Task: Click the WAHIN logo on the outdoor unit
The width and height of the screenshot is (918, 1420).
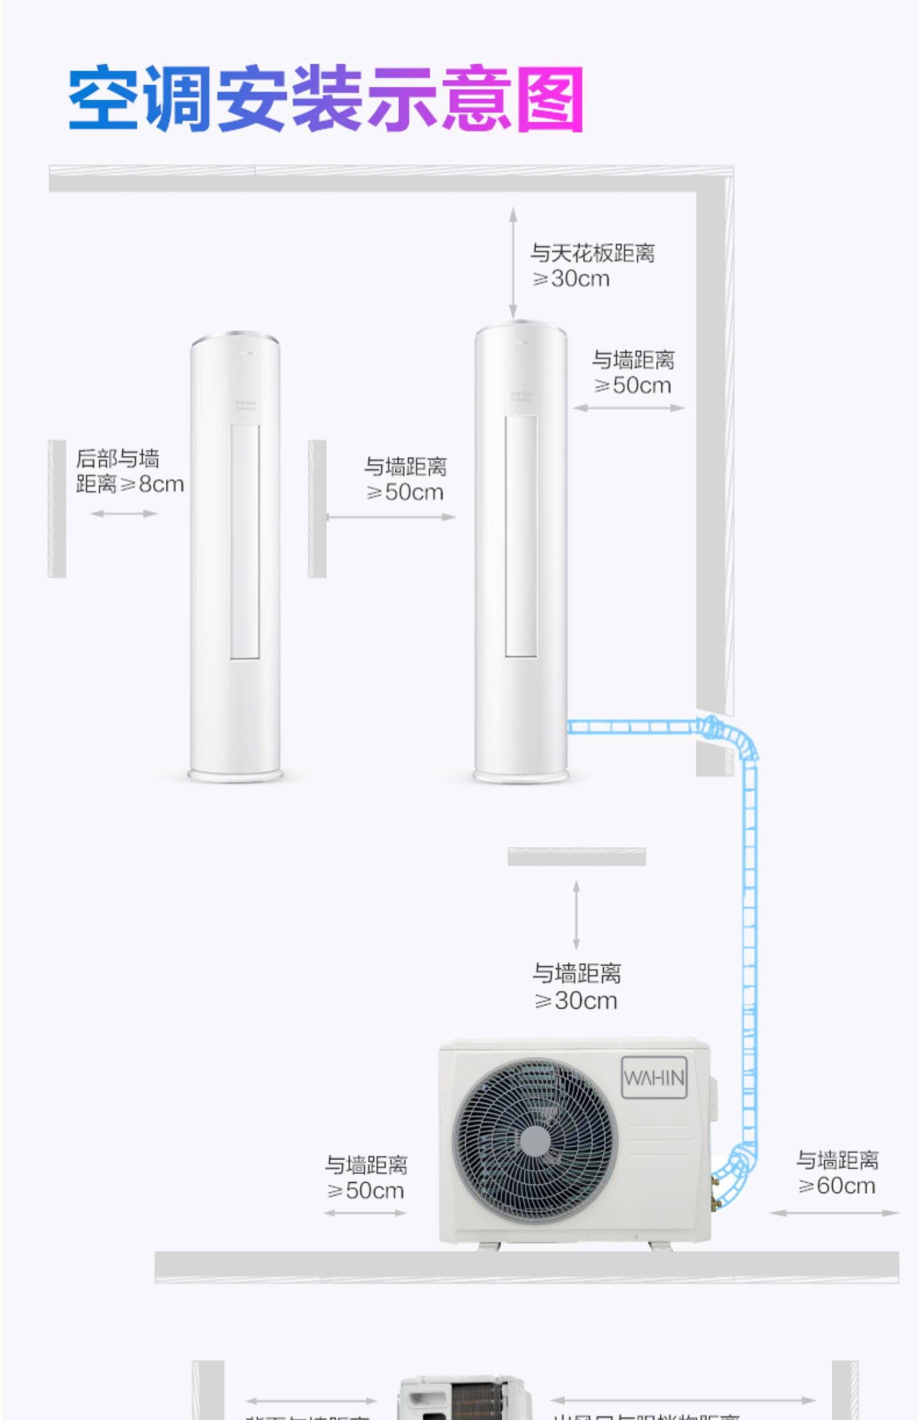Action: (654, 1078)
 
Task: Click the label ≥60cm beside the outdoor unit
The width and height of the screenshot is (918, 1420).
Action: (837, 1186)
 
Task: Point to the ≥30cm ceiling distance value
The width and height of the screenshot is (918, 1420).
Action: (572, 279)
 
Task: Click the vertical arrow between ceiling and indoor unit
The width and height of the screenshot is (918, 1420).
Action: (513, 263)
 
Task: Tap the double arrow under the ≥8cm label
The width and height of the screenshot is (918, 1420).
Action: (124, 514)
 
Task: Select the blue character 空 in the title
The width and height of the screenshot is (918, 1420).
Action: (103, 98)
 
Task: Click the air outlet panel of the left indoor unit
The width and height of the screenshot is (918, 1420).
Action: (245, 542)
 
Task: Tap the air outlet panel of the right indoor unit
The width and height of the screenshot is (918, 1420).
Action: (521, 536)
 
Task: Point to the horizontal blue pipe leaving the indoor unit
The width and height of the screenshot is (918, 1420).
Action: (630, 727)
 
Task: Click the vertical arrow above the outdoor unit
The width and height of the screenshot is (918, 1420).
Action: (576, 915)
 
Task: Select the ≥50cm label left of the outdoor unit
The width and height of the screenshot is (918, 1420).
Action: (366, 1191)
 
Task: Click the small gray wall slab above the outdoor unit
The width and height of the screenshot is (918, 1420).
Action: (577, 857)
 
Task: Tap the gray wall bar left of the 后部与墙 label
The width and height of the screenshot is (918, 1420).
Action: (57, 509)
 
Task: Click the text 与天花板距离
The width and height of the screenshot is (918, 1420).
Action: (592, 253)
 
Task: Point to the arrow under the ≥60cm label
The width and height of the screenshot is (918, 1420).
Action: (834, 1213)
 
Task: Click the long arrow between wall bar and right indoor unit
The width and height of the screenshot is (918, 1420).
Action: (391, 517)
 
